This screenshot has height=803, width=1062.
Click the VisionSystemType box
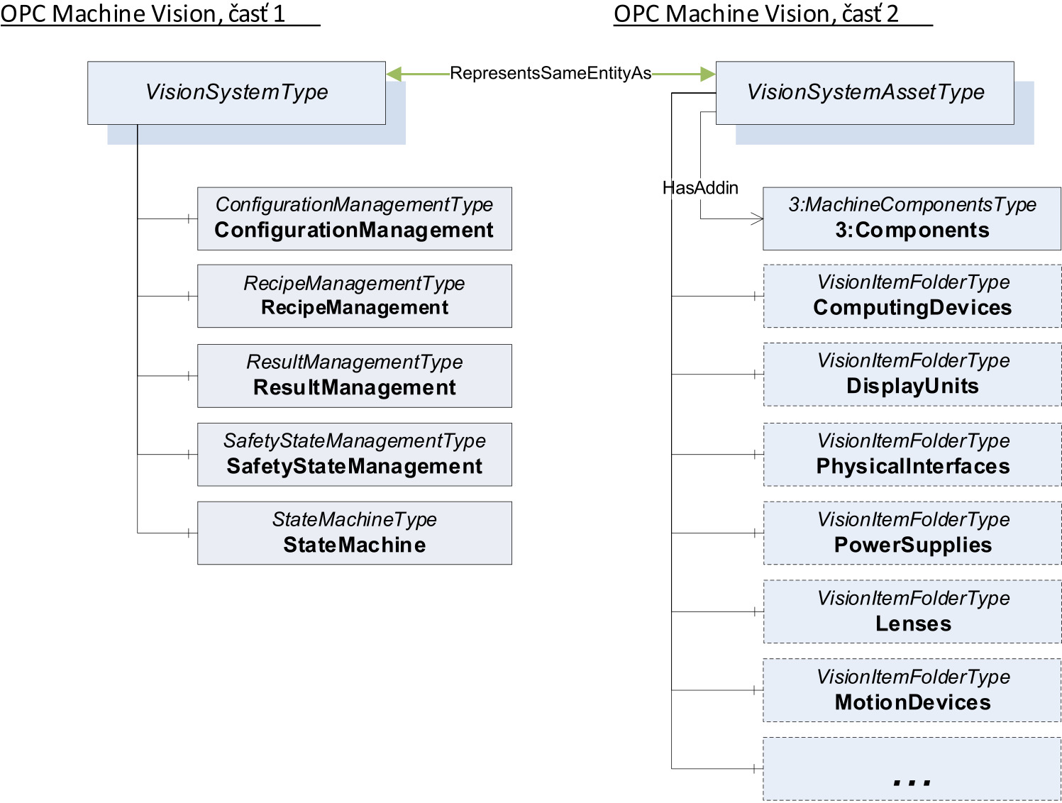tap(236, 93)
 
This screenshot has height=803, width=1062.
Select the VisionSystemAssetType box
tap(865, 93)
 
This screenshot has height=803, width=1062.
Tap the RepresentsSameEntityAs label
tap(551, 73)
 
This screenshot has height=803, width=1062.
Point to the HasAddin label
tap(700, 188)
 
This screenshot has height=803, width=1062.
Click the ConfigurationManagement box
tap(354, 218)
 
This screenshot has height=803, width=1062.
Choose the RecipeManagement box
tap(354, 296)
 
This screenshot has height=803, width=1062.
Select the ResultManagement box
tap(354, 375)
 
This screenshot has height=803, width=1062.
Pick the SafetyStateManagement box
tap(354, 454)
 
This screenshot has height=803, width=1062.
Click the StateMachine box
tap(354, 533)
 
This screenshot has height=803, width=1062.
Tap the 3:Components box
tap(912, 218)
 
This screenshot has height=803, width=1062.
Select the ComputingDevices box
tap(912, 296)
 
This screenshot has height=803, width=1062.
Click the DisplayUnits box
tap(912, 375)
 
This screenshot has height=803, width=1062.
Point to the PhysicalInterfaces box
tap(912, 454)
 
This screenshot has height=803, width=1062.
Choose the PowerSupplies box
tap(912, 533)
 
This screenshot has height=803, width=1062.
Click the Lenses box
tap(912, 611)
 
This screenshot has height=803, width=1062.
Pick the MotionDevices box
tap(912, 690)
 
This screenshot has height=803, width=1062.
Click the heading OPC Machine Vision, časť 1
tap(143, 13)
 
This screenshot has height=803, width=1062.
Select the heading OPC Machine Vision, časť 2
tap(756, 13)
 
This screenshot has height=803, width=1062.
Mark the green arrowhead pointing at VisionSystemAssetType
tap(707, 74)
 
